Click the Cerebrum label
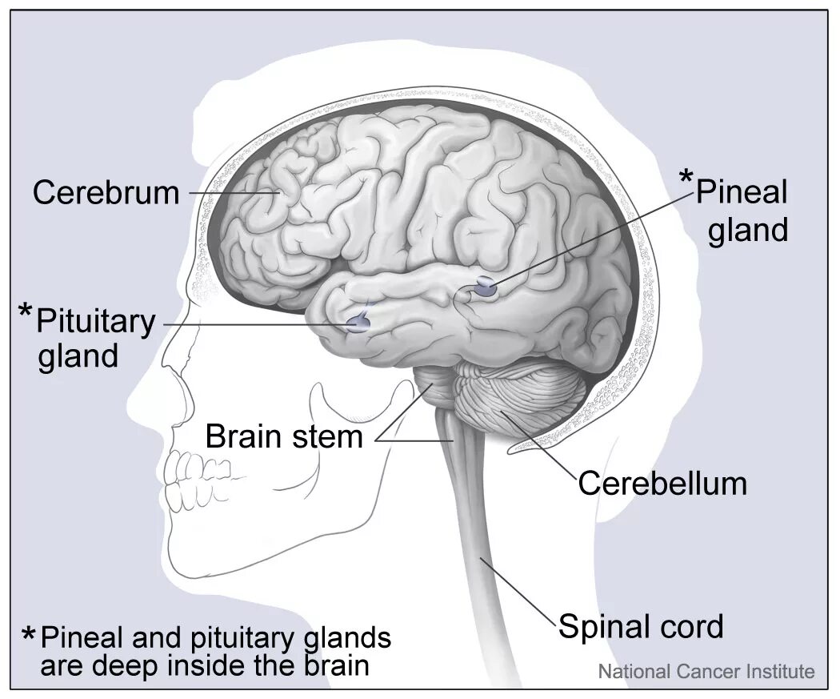pyautogui.click(x=106, y=193)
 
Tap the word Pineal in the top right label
pyautogui.click(x=742, y=192)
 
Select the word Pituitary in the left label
pyautogui.click(x=96, y=322)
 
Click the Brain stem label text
pyautogui.click(x=284, y=437)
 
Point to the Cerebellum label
pyautogui.click(x=662, y=484)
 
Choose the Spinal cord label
pyautogui.click(x=640, y=626)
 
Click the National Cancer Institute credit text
pyautogui.click(x=706, y=672)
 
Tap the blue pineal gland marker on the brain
pyautogui.click(x=486, y=287)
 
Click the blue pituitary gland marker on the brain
pyautogui.click(x=358, y=323)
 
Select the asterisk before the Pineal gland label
pyautogui.click(x=686, y=178)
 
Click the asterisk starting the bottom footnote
pyautogui.click(x=29, y=637)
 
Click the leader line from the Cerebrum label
pyautogui.click(x=232, y=192)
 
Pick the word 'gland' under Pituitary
pyautogui.click(x=78, y=356)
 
